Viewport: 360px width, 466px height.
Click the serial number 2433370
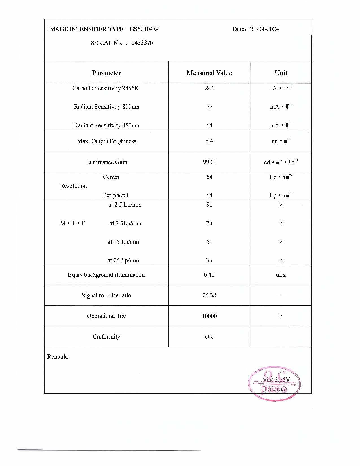coord(142,43)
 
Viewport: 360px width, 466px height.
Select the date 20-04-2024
coord(264,29)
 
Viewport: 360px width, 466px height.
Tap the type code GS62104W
coord(144,29)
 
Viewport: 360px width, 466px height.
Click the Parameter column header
coord(106,73)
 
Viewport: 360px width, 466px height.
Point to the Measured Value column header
coord(209,73)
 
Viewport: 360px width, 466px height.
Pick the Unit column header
coord(281,73)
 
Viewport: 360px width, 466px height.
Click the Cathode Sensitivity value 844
coord(209,88)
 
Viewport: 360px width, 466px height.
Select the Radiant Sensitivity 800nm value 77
coord(209,107)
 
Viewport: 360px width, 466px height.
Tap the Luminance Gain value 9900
coord(209,162)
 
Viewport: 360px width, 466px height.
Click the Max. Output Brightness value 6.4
coord(209,141)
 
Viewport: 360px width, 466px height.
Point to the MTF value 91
coord(209,205)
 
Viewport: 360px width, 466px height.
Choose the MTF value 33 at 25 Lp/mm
coord(209,260)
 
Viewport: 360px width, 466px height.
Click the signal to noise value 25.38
coord(209,295)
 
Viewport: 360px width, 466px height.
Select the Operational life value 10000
coord(209,316)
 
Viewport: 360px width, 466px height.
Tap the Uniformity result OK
coord(209,337)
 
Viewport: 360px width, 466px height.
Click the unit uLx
coord(281,275)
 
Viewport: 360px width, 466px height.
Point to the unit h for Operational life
coord(281,316)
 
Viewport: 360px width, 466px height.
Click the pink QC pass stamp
coord(275,383)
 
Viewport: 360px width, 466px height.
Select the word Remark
coord(58,357)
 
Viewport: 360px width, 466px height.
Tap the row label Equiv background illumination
coord(106,275)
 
